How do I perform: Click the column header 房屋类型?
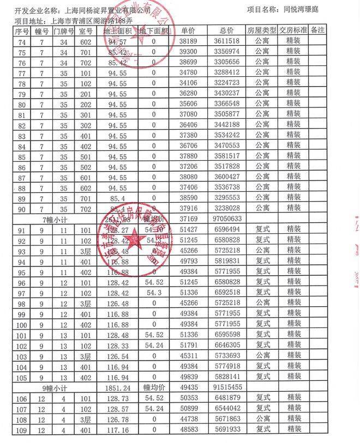(x=260, y=31)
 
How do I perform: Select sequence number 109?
(x=22, y=429)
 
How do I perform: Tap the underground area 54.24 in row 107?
(x=154, y=408)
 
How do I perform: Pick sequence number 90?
(x=22, y=208)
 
